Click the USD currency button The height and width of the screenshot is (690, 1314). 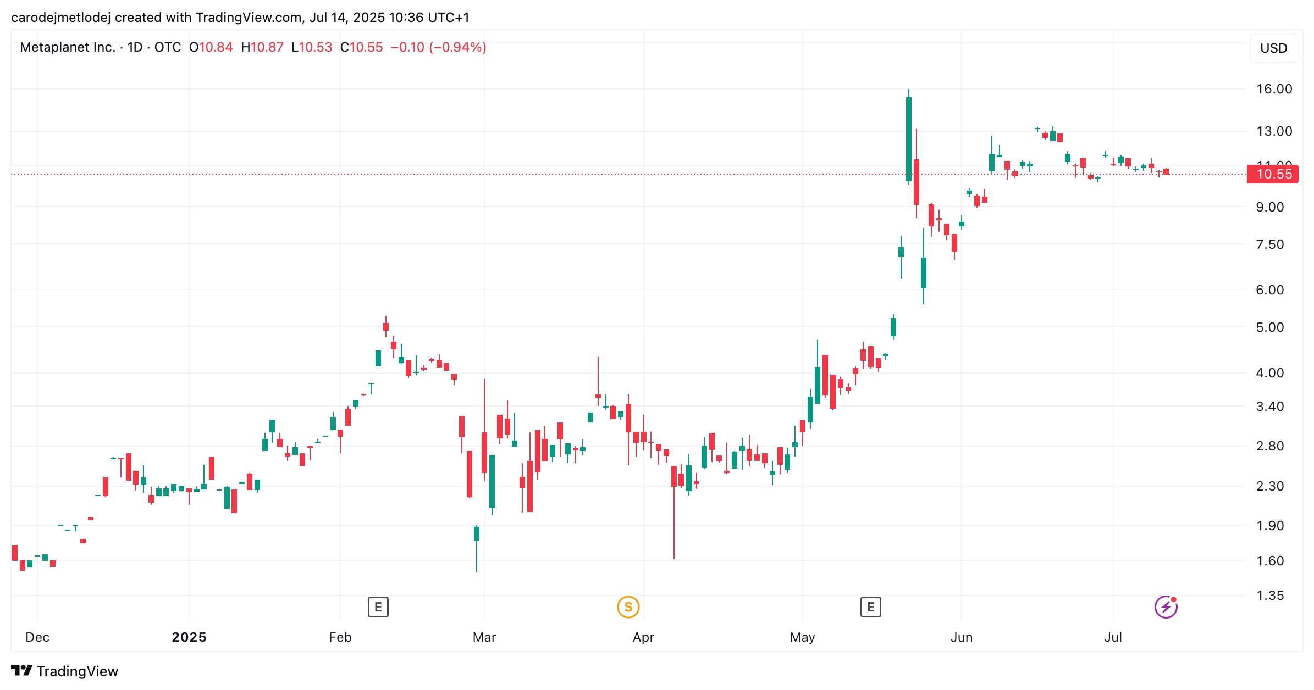pyautogui.click(x=1273, y=48)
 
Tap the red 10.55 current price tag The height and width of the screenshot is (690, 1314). pyautogui.click(x=1273, y=174)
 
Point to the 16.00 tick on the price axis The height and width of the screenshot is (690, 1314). pyautogui.click(x=1274, y=89)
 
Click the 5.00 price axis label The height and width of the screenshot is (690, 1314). pyautogui.click(x=1269, y=327)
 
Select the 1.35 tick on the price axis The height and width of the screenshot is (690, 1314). pyautogui.click(x=1269, y=596)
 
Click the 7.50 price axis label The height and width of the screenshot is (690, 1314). pyautogui.click(x=1269, y=244)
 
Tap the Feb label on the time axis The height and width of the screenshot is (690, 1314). pyautogui.click(x=340, y=637)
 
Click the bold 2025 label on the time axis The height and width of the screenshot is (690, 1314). pyautogui.click(x=189, y=637)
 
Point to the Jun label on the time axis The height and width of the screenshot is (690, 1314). pyautogui.click(x=962, y=637)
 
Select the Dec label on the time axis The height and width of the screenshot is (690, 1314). pyautogui.click(x=37, y=637)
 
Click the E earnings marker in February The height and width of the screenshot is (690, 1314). pyautogui.click(x=378, y=607)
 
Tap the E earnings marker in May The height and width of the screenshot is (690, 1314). pyautogui.click(x=870, y=607)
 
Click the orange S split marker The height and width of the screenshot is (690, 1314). pyautogui.click(x=628, y=607)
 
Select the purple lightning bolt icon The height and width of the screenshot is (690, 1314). pyautogui.click(x=1166, y=607)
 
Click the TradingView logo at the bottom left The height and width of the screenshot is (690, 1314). pyautogui.click(x=64, y=671)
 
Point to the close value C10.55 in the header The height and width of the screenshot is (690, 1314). pyautogui.click(x=361, y=47)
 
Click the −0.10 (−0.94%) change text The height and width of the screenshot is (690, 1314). pyautogui.click(x=438, y=47)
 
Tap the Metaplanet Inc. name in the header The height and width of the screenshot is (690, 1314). pyautogui.click(x=67, y=47)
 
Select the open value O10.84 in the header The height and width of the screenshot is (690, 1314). pyautogui.click(x=211, y=47)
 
